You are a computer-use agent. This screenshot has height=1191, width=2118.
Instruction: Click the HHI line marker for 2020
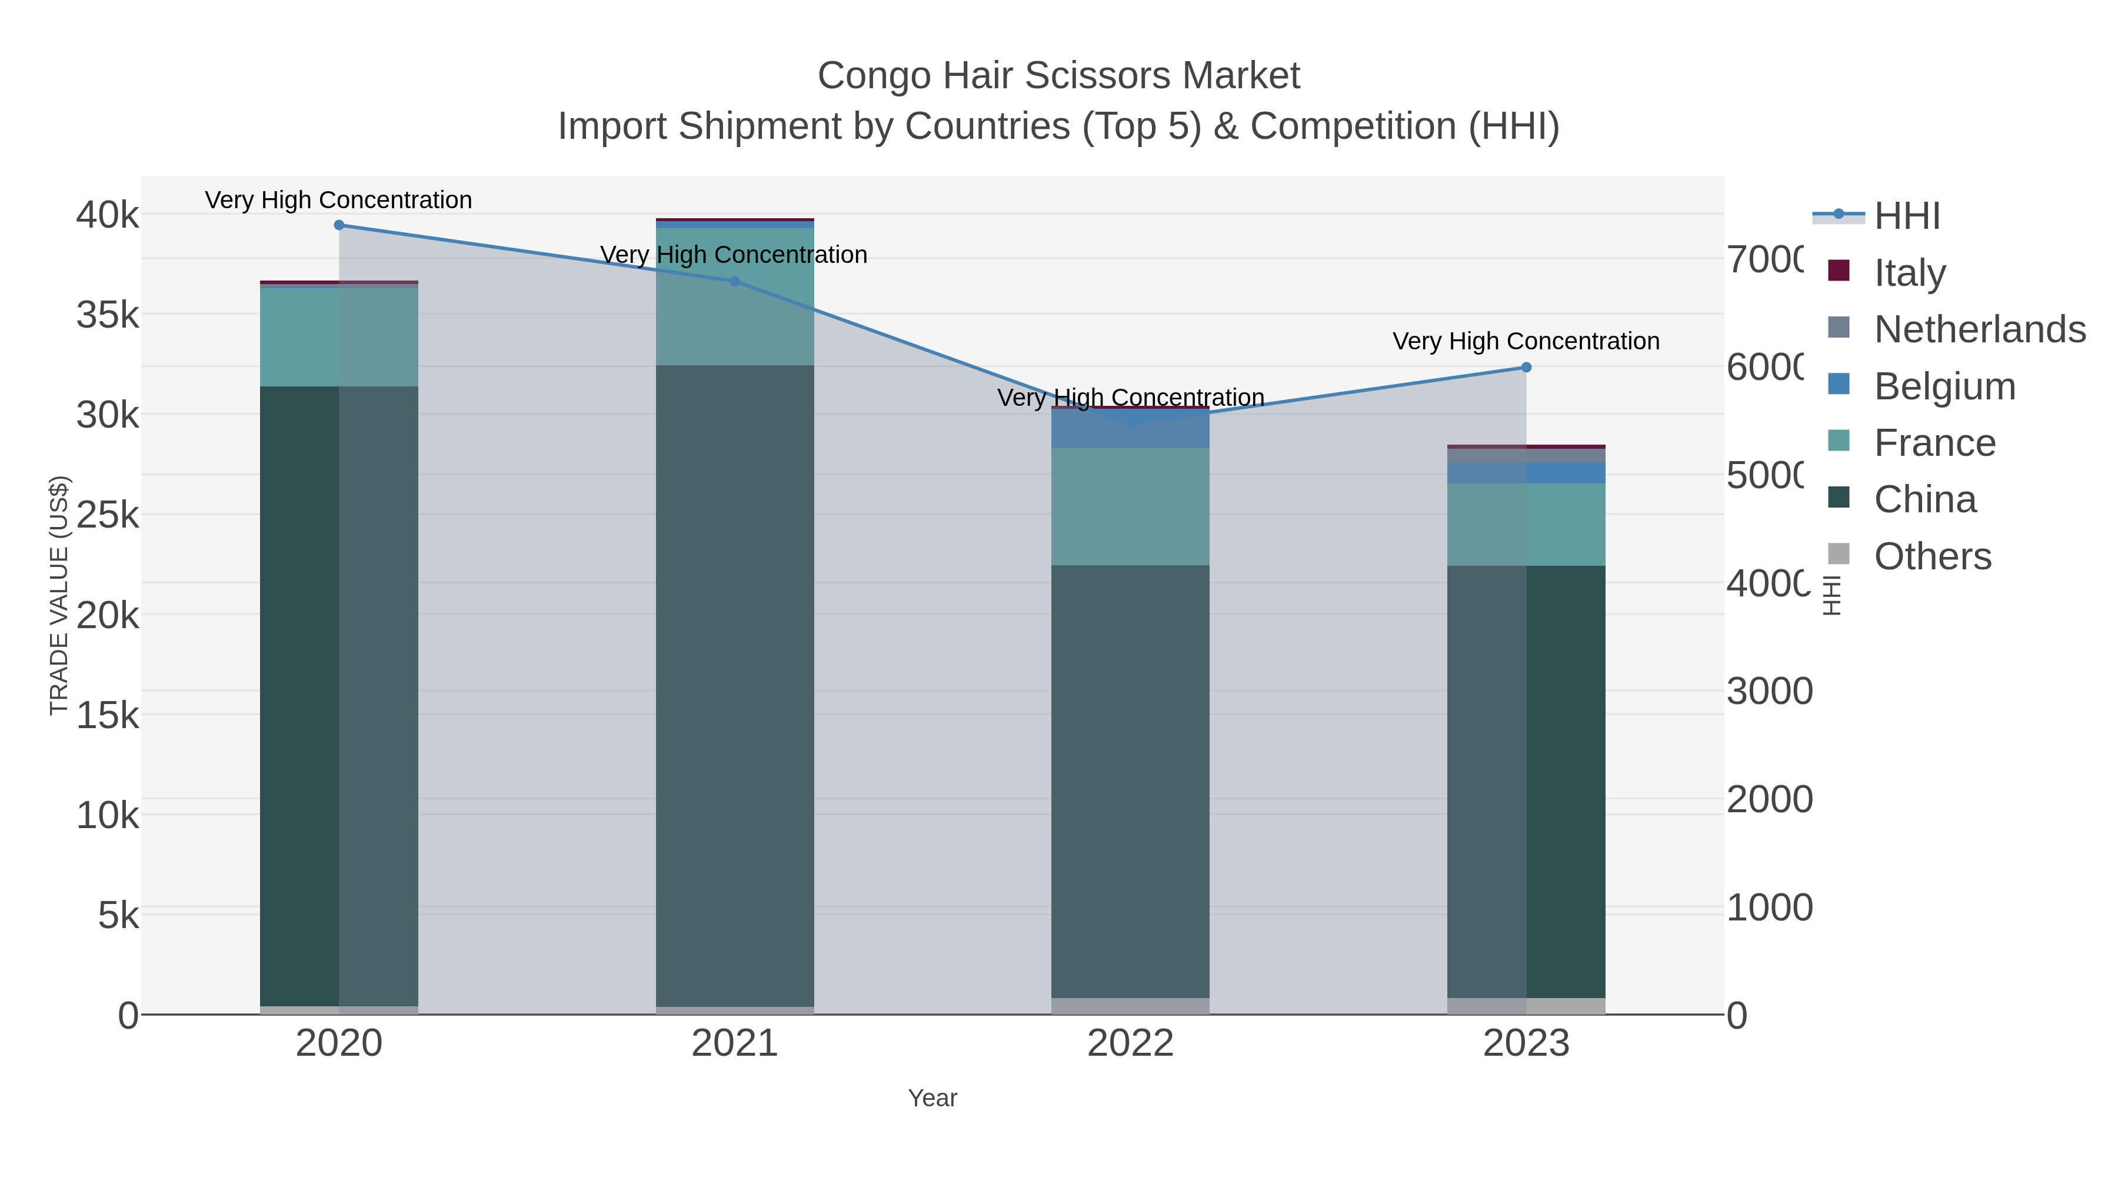pos(339,225)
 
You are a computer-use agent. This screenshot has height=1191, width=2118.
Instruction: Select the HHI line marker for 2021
pos(735,281)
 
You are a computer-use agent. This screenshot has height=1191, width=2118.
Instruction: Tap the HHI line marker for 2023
pos(1526,368)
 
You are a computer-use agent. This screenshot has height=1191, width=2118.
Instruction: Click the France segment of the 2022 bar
pos(1131,506)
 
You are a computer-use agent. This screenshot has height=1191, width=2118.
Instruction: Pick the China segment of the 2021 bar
pos(735,686)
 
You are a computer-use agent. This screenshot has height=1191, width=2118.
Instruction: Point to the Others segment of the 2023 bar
pos(1526,1006)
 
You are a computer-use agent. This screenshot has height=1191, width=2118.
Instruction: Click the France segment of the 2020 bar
pos(339,337)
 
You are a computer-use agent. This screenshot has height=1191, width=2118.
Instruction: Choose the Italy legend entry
pos(1909,273)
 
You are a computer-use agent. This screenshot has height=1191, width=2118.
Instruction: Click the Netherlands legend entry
pos(1979,329)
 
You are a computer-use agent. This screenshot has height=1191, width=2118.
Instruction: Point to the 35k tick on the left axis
pos(108,315)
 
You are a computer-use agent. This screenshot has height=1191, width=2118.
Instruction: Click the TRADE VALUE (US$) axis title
pos(59,595)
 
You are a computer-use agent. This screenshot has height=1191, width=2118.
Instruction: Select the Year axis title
pos(933,1098)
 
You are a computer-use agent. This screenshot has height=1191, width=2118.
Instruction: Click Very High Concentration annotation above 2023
pos(1526,341)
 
